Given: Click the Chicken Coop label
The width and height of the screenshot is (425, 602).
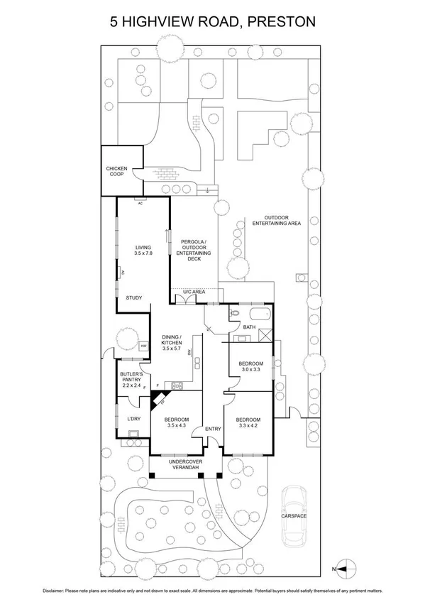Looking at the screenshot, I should [x=116, y=172].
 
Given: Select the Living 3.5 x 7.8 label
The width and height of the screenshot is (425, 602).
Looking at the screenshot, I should [x=144, y=251].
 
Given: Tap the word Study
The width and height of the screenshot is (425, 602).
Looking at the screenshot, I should [x=134, y=298].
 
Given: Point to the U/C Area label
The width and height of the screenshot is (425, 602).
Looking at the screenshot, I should [x=194, y=292].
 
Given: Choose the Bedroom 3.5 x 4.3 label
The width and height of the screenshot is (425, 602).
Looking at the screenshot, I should [x=176, y=422].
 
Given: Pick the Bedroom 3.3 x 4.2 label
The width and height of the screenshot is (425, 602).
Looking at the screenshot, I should [x=248, y=422].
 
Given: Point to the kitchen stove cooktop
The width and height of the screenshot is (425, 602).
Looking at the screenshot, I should [x=177, y=385].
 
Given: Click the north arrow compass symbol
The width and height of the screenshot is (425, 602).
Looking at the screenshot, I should [x=344, y=568].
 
